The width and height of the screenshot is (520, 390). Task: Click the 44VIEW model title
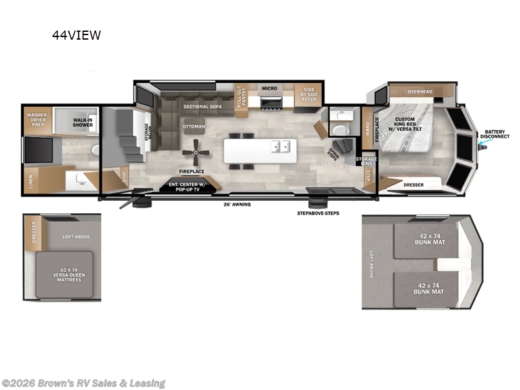pyautogui.click(x=76, y=36)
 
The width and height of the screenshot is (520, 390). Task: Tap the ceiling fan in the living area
pyautogui.click(x=195, y=153)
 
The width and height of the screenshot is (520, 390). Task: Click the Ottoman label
pyautogui.click(x=194, y=125)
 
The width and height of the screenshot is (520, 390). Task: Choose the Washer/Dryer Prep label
pyautogui.click(x=38, y=119)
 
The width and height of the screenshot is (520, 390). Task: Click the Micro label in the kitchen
pyautogui.click(x=269, y=88)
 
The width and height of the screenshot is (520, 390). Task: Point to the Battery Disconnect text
pyautogui.click(x=494, y=135)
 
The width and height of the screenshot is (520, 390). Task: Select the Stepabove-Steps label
pyautogui.click(x=318, y=213)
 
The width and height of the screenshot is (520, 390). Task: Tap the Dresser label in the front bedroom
pyautogui.click(x=413, y=185)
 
